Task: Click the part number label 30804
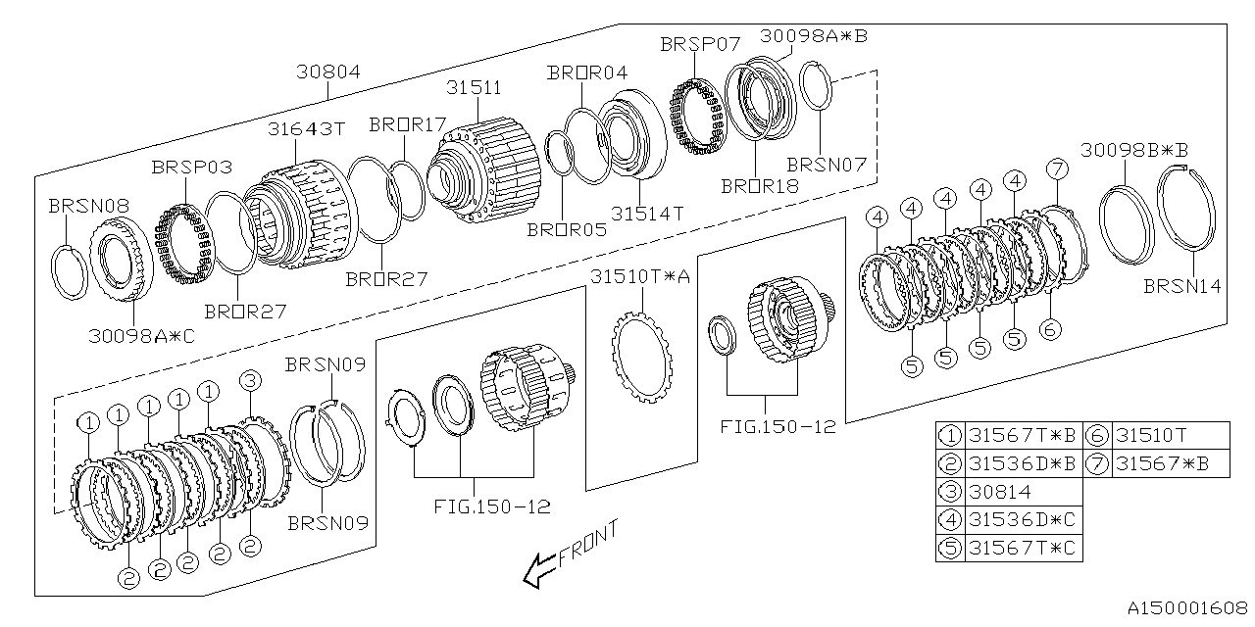pos(328,72)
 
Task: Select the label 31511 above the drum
pos(474,87)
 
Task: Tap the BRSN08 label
pos(89,206)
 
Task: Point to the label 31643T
pos(307,128)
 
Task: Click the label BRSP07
pos(700,44)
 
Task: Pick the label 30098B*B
pos(1134,150)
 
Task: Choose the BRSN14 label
pos(1182,286)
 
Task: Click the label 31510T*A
pos(640,276)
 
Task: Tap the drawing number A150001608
pos(1187,608)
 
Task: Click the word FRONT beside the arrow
pos(588,543)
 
